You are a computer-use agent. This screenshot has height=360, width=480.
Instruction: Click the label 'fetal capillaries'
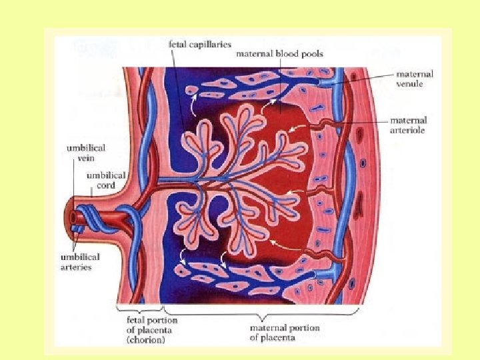pos(200,44)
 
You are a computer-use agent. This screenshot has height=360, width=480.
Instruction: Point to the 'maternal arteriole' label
pos(408,125)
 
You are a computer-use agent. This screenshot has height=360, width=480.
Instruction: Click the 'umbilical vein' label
pos(85,152)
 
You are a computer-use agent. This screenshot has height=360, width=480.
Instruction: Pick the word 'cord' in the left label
pos(105,185)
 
